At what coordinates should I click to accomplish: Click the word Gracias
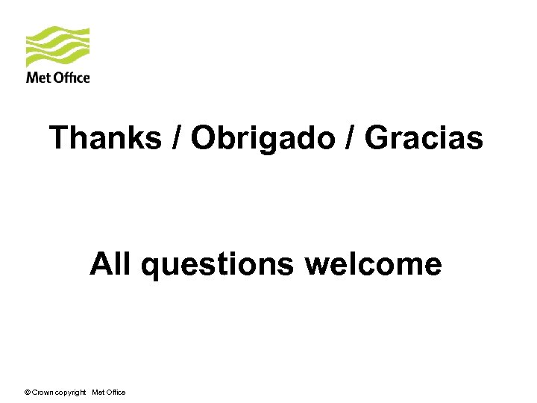click(x=424, y=138)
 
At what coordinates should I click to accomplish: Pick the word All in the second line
click(x=110, y=264)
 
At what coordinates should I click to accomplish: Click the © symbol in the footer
click(x=28, y=393)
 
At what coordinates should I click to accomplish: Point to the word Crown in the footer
click(x=43, y=393)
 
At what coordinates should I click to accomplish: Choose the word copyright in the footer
click(x=72, y=393)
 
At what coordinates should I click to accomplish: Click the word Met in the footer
click(x=98, y=393)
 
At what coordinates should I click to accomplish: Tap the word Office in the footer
click(x=116, y=393)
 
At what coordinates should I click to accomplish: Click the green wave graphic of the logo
click(x=57, y=47)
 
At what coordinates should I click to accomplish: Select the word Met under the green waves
click(x=37, y=78)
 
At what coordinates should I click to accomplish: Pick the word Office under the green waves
click(x=71, y=78)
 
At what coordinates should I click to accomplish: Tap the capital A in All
click(x=101, y=264)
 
